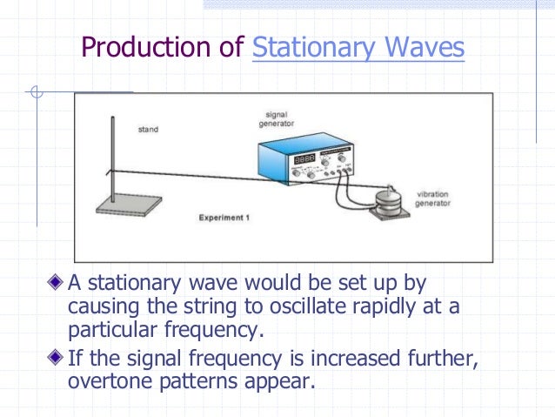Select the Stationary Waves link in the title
point(358,49)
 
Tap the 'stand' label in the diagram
point(149,131)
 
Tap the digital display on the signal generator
point(304,161)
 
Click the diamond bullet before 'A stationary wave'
point(57,283)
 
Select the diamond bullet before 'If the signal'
point(57,356)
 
